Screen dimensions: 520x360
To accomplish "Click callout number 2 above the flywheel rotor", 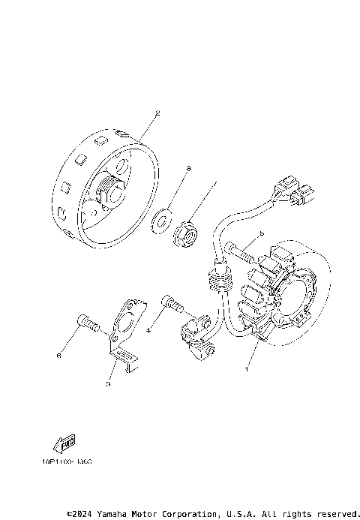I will coord(157,114).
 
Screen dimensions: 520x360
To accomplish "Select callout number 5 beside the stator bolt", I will coord(262,233).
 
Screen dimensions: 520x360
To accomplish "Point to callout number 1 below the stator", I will coord(245,369).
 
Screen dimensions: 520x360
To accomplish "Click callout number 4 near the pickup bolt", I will coord(148,329).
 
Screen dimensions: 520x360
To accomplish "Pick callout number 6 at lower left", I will coord(58,357).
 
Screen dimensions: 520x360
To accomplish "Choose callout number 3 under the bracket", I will coord(108,383).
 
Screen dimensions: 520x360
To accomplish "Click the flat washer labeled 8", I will coord(160,223).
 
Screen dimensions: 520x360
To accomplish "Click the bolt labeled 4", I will coord(173,306).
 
